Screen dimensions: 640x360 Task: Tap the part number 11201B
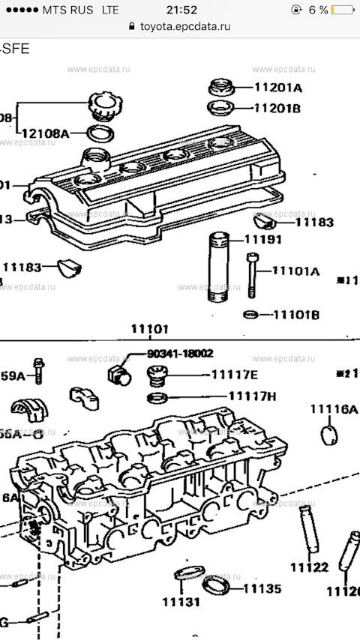click(277, 108)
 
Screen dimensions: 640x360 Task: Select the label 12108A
click(45, 133)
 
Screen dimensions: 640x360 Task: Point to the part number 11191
click(262, 241)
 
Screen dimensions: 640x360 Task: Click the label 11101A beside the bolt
click(295, 271)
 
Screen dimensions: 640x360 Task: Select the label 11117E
click(234, 374)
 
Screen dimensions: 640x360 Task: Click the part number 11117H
click(252, 396)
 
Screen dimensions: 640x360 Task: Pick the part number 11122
click(309, 567)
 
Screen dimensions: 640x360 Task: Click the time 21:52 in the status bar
click(181, 10)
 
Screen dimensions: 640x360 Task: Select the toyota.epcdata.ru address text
click(184, 25)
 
